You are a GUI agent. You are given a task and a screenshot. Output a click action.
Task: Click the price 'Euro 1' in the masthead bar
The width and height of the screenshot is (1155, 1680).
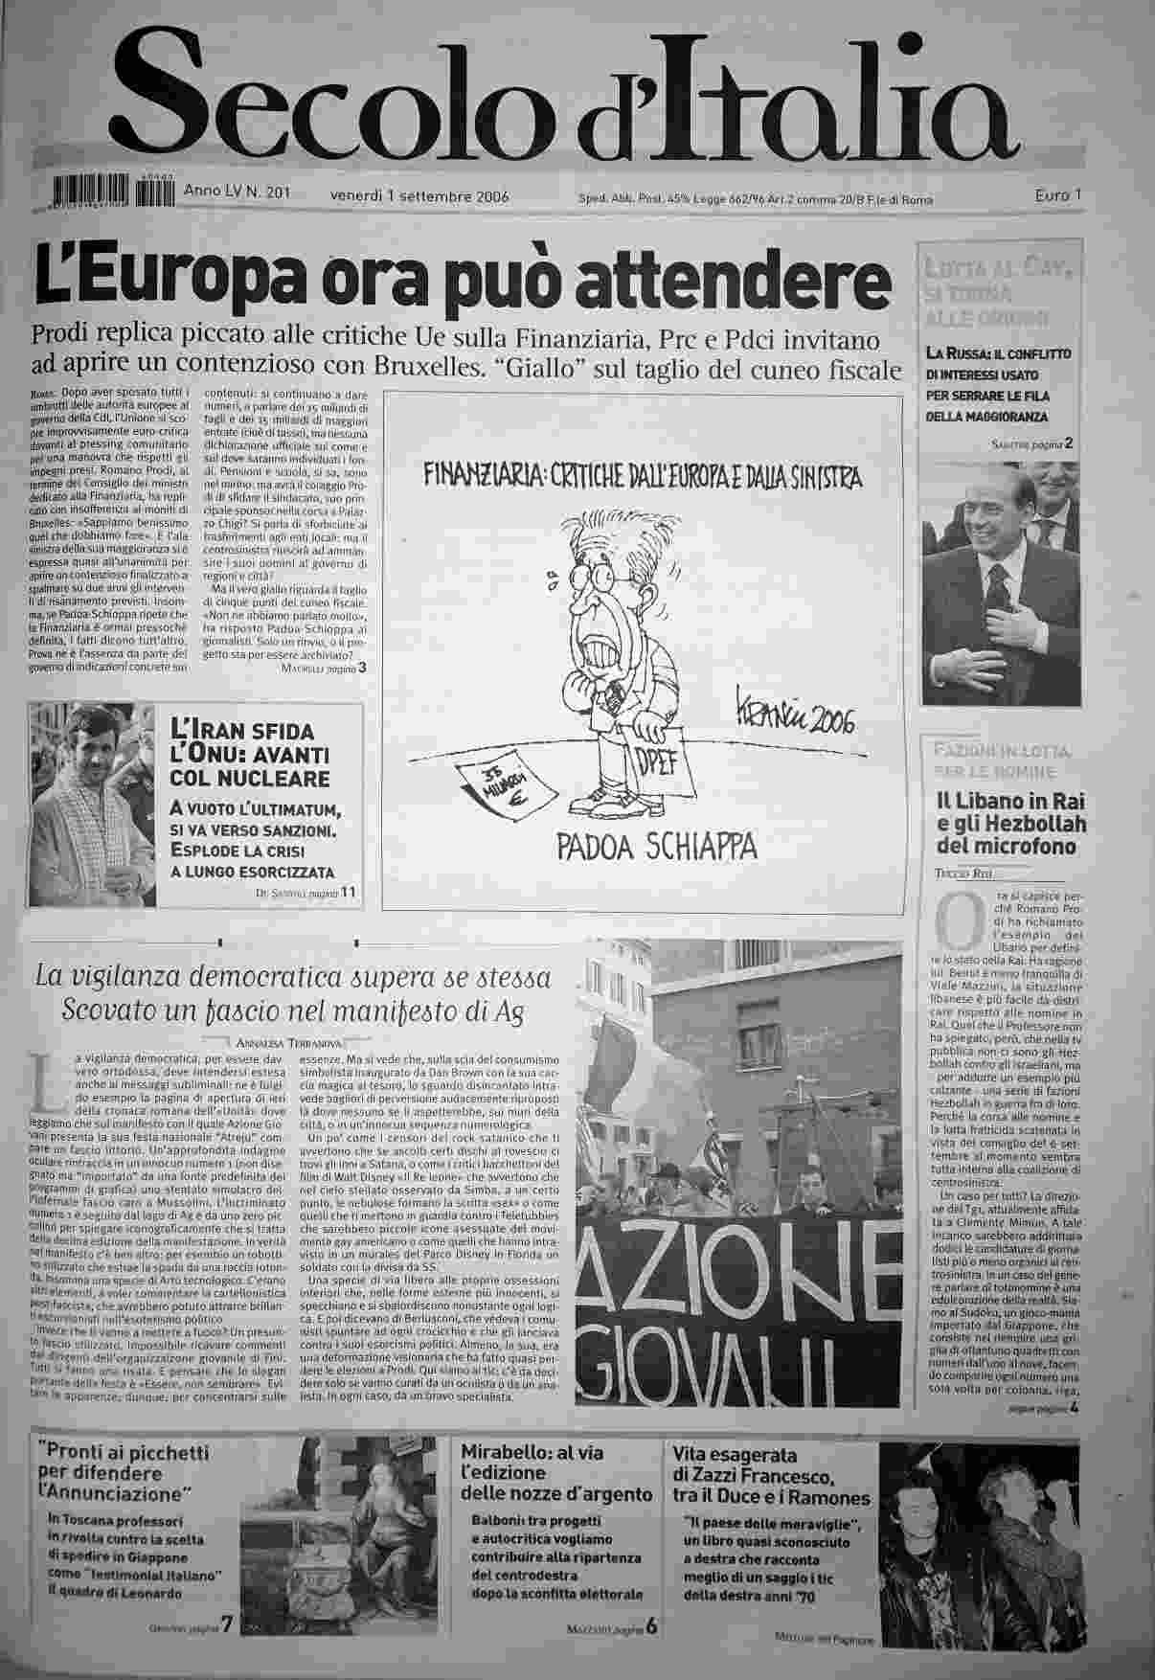1057,195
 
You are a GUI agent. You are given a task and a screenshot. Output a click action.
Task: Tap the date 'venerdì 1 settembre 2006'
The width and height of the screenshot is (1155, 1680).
419,197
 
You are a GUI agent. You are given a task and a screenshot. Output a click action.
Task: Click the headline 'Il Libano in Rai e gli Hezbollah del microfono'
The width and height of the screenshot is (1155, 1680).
1010,824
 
